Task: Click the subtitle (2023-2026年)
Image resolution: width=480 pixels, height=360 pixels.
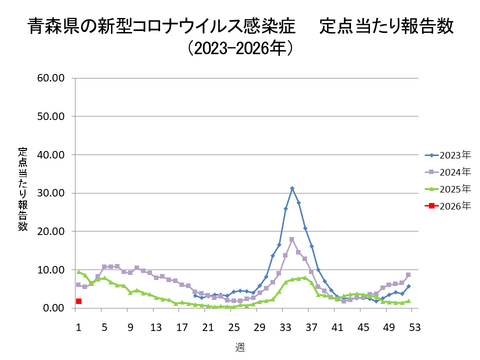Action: point(239,48)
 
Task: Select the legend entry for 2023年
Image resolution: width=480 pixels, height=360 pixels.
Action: point(446,155)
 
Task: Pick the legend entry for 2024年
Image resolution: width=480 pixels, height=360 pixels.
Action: point(446,172)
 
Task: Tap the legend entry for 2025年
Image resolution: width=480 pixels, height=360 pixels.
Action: point(446,189)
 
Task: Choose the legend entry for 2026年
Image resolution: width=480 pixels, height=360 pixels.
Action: point(446,206)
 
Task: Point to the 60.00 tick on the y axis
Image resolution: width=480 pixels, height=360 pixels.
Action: point(50,78)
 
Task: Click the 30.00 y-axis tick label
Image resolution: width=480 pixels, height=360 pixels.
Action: point(50,193)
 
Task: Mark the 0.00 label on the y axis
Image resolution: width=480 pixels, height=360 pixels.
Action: point(53,308)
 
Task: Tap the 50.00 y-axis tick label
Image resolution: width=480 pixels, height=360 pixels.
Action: point(50,116)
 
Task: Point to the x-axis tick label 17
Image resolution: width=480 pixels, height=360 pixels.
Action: point(182,327)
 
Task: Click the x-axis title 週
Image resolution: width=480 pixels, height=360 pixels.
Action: point(240,346)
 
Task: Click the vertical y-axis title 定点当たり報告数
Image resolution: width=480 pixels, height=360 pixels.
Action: point(22,190)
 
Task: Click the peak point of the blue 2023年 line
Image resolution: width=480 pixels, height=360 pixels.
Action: point(292,188)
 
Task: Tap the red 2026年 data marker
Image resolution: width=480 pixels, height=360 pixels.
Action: point(78,301)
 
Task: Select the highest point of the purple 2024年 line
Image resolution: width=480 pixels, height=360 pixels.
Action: point(292,239)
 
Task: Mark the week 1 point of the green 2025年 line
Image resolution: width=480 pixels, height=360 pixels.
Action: point(78,272)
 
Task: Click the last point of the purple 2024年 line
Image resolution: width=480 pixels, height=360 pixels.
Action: point(408,274)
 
